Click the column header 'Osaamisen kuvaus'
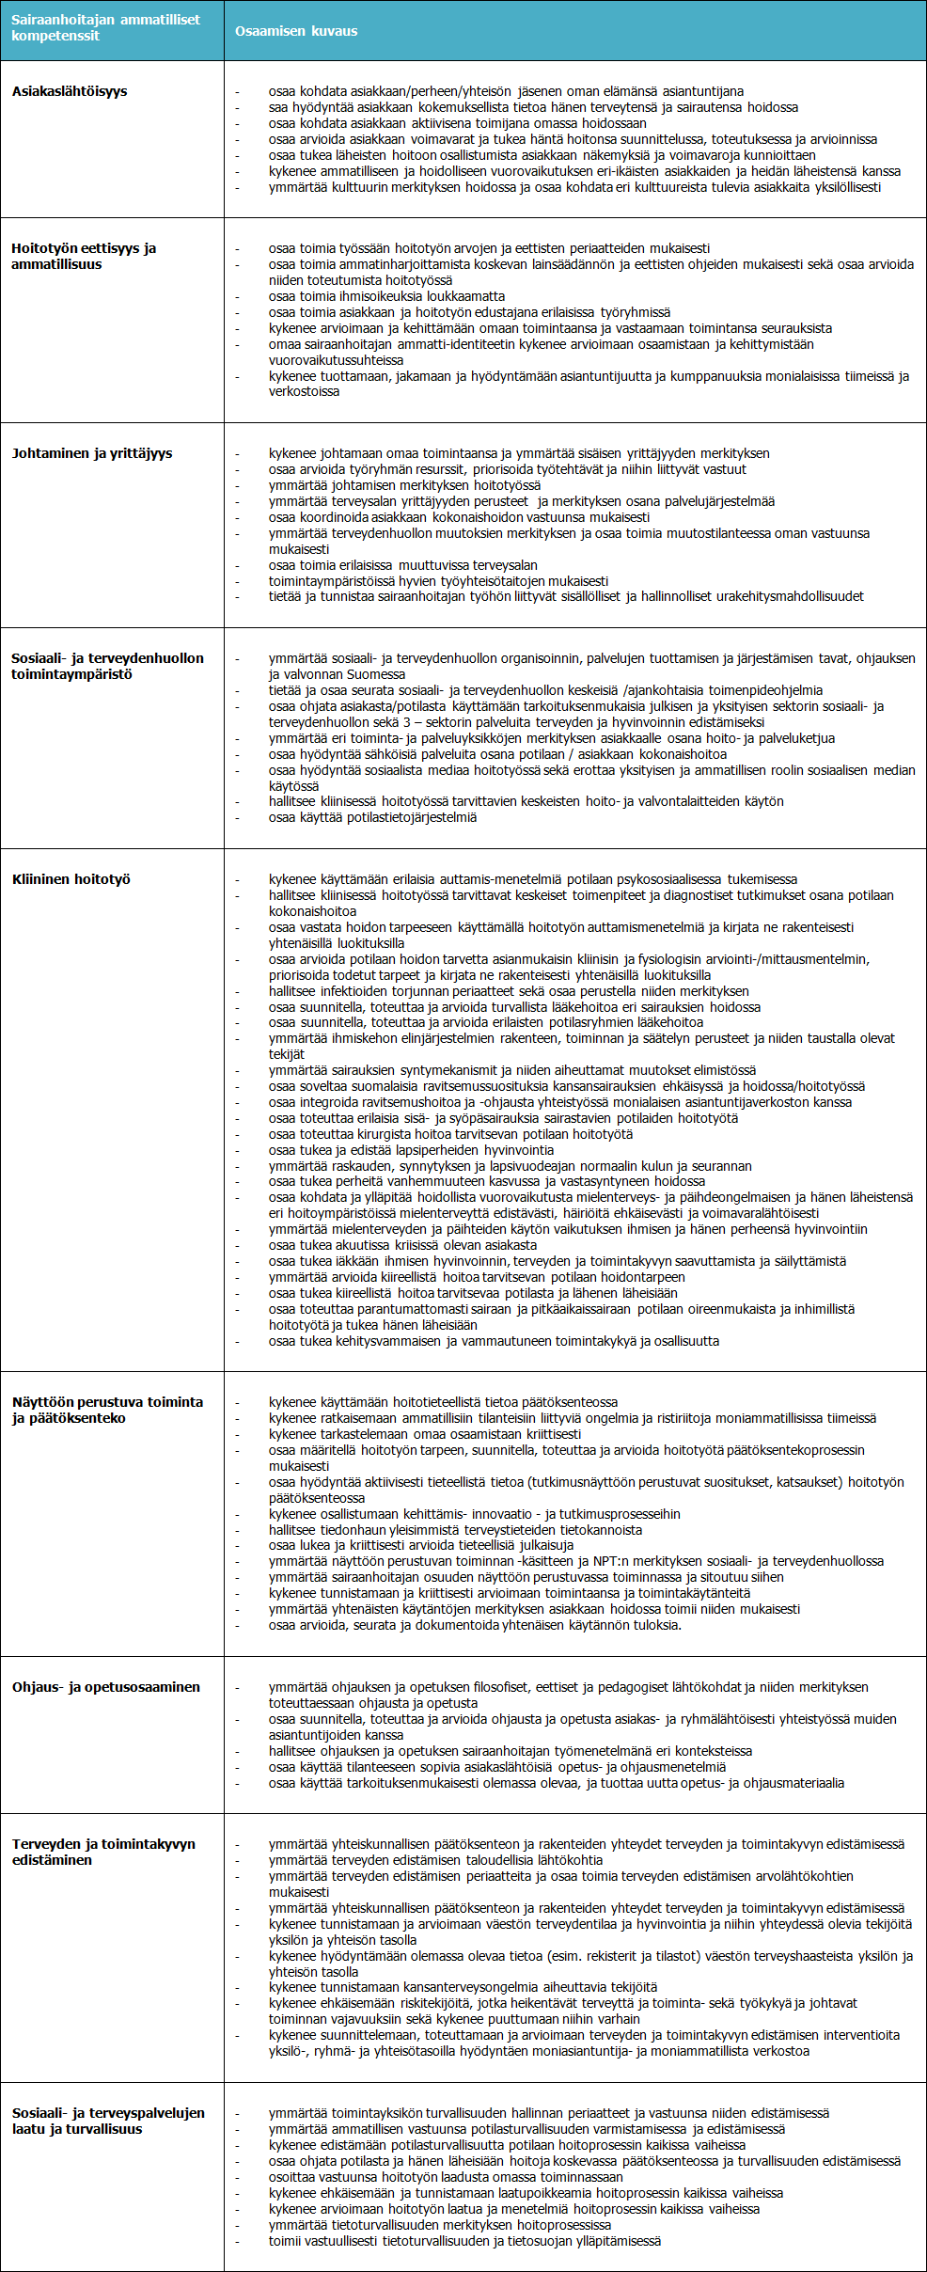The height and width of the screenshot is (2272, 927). pyautogui.click(x=296, y=31)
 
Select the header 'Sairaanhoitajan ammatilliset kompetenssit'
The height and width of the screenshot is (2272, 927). pyautogui.click(x=105, y=27)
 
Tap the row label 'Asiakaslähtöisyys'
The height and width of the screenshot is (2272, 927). pyautogui.click(x=70, y=91)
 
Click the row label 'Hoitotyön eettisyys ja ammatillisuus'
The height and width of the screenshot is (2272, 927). pyautogui.click(x=84, y=256)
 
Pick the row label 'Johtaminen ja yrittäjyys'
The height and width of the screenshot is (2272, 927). pyautogui.click(x=92, y=453)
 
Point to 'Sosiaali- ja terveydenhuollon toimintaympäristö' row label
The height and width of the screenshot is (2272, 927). pyautogui.click(x=107, y=666)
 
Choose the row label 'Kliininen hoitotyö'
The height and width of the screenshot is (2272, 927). pyautogui.click(x=71, y=879)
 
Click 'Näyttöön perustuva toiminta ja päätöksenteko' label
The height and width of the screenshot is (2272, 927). pyautogui.click(x=107, y=1410)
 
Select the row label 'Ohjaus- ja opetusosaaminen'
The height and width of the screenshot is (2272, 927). pyautogui.click(x=106, y=1687)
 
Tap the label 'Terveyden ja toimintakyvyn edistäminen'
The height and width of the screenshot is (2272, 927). pyautogui.click(x=103, y=1852)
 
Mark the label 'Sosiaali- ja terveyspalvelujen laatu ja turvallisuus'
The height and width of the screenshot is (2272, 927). pyautogui.click(x=108, y=2121)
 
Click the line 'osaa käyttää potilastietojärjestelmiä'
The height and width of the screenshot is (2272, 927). pyautogui.click(x=372, y=817)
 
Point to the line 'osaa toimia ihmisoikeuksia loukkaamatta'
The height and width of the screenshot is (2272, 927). pyautogui.click(x=386, y=296)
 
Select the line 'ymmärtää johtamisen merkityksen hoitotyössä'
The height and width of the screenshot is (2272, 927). pyautogui.click(x=404, y=485)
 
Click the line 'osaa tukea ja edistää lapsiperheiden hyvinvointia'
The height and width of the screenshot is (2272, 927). pyautogui.click(x=411, y=1150)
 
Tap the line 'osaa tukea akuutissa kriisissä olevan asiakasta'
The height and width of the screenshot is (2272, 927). pyautogui.click(x=402, y=1245)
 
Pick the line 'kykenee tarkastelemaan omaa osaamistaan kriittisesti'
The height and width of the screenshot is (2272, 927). pyautogui.click(x=424, y=1434)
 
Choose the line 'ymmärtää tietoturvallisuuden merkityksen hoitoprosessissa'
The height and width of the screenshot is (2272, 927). pyautogui.click(x=439, y=2225)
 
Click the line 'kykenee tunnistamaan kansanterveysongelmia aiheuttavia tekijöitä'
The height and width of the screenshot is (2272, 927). pyautogui.click(x=463, y=1987)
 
